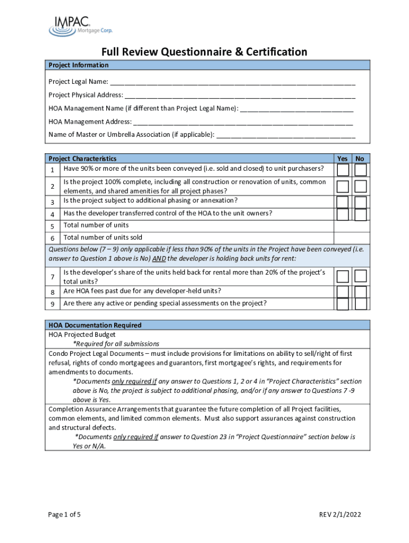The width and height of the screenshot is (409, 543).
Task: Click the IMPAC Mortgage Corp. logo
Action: point(80,25)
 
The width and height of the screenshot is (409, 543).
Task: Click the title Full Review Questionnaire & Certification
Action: point(204,51)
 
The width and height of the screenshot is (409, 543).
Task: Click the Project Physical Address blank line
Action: point(240,95)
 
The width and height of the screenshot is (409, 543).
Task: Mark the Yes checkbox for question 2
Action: point(343,187)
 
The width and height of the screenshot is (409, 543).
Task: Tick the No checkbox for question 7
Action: point(361,276)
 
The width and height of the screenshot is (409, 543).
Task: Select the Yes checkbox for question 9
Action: point(343,304)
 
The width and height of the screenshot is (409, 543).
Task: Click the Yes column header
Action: point(343,159)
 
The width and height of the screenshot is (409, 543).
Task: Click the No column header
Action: point(360,159)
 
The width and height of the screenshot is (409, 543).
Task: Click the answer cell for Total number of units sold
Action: point(352,238)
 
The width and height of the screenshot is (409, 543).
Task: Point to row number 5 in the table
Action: point(53,226)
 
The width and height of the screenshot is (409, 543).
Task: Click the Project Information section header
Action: point(79,65)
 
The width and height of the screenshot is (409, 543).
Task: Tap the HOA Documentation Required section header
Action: point(95,325)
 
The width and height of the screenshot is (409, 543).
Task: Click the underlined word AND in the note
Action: point(158,259)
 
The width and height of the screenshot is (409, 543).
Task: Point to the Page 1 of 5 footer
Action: point(64,514)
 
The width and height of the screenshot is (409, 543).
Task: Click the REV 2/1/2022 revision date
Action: point(340,514)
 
